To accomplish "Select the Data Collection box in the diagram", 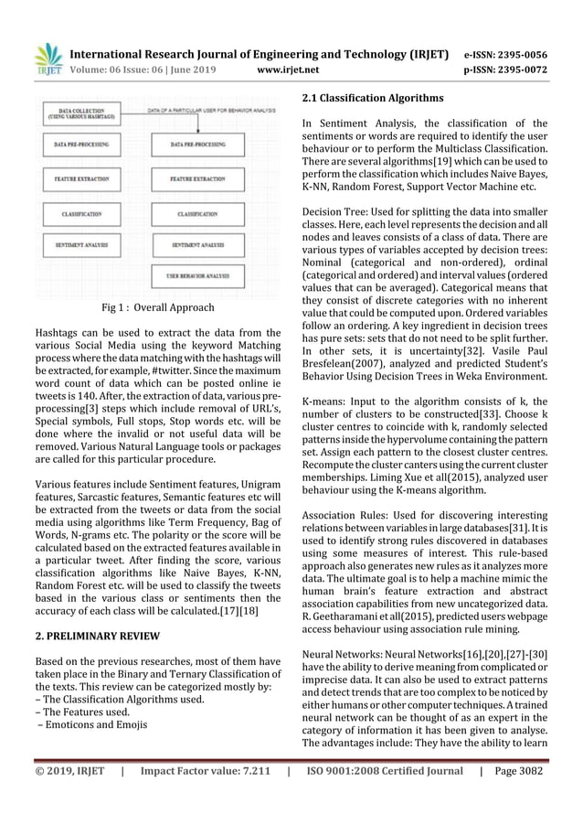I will pos(81,113).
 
